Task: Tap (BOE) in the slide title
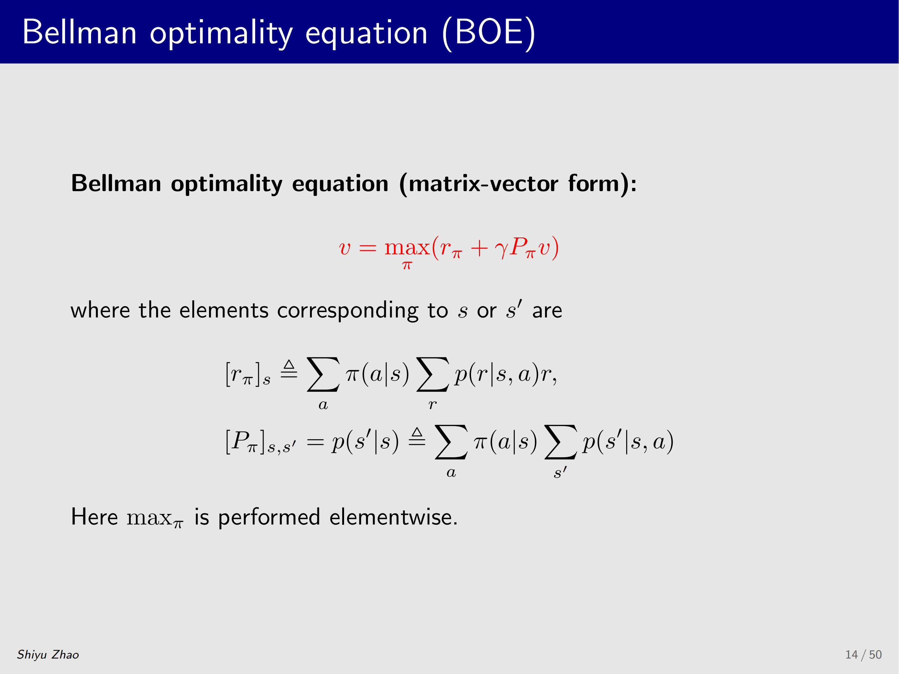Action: (x=489, y=33)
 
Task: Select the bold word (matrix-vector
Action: (x=479, y=184)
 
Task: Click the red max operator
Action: (x=407, y=247)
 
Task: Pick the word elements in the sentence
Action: (x=224, y=311)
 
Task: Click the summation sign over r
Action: (x=432, y=374)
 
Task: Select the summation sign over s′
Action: (x=560, y=442)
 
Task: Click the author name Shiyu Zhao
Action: (x=48, y=654)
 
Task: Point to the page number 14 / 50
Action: (x=864, y=654)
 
